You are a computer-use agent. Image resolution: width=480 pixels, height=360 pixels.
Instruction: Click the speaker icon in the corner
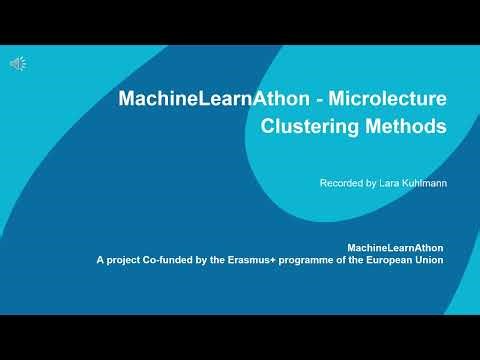18,64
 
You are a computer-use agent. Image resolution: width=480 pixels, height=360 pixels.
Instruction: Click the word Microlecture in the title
387,99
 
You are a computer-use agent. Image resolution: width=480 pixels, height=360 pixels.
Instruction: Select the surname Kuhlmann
422,183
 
